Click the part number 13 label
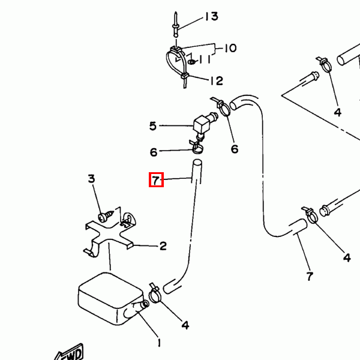pos(211,16)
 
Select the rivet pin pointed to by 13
pos(176,25)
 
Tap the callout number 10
pos(230,48)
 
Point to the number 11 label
pos(205,59)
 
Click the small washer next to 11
pos(191,62)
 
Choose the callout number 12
pos(217,80)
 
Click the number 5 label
pos(152,126)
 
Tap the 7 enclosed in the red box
pos(156,180)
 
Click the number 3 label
pos(91,179)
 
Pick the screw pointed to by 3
pos(106,216)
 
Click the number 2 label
pos(163,245)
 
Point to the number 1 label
pos(158,343)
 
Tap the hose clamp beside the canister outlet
pos(155,294)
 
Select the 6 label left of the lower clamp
pos(154,152)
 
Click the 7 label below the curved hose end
pos(310,276)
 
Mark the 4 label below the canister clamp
pos(185,325)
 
